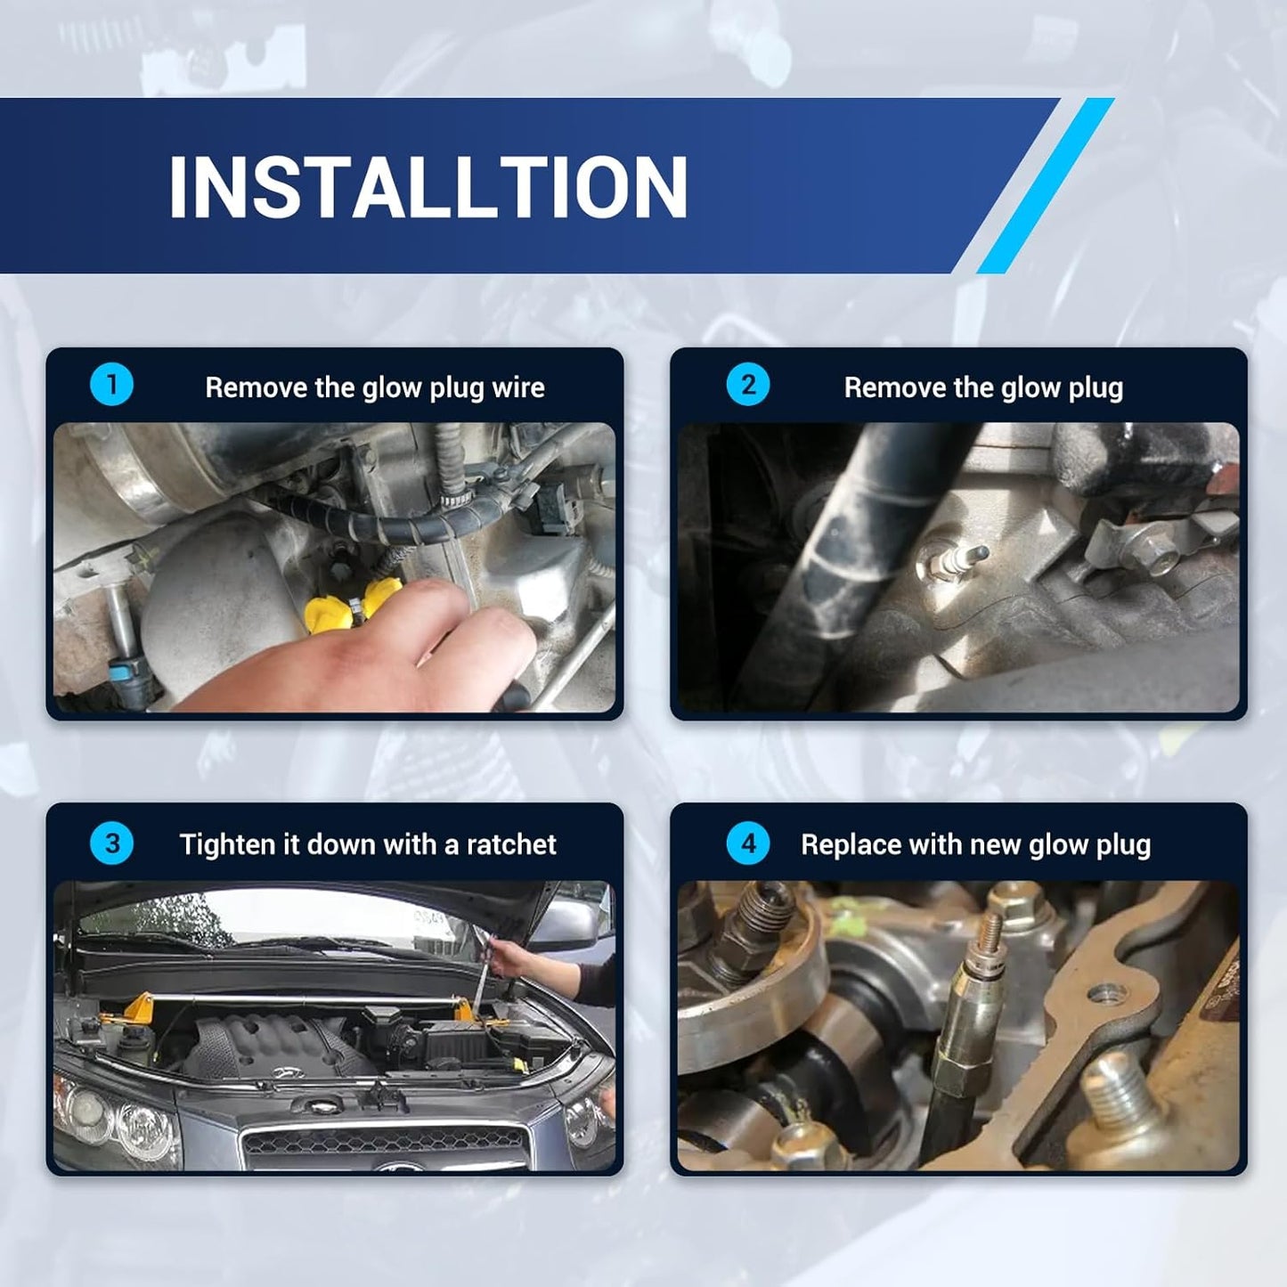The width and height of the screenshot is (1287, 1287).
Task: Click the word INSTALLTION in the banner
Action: point(428,186)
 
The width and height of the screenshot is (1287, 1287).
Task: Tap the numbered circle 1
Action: point(111,386)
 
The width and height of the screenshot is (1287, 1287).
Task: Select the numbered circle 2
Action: point(748,386)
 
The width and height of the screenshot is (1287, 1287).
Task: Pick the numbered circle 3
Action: point(111,843)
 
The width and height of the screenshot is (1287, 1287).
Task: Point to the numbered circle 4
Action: point(748,843)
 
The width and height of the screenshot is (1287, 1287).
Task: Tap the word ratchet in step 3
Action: point(511,845)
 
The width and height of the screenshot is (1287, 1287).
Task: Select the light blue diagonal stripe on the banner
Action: point(1046,185)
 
